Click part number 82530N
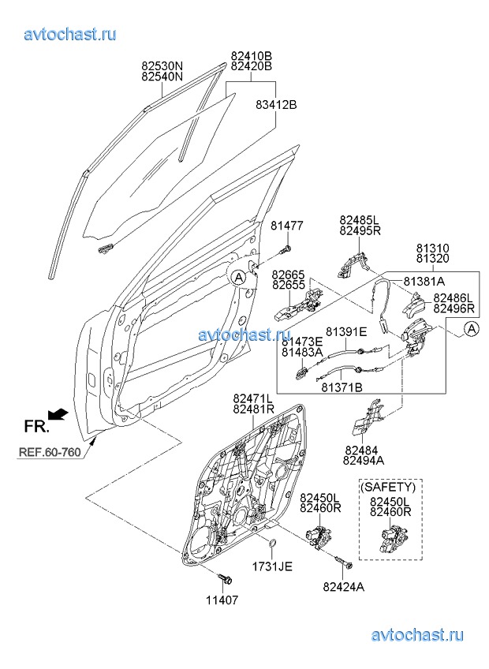pyautogui.click(x=162, y=66)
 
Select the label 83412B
pyautogui.click(x=275, y=104)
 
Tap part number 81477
pyautogui.click(x=287, y=226)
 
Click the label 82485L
pyautogui.click(x=360, y=219)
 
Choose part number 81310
pyautogui.click(x=433, y=248)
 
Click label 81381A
pyautogui.click(x=424, y=281)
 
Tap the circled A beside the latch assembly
pyautogui.click(x=470, y=328)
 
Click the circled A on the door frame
pyautogui.click(x=239, y=276)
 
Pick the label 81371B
pyautogui.click(x=342, y=387)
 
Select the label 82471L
pyautogui.click(x=253, y=399)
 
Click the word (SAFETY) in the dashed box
pyautogui.click(x=388, y=488)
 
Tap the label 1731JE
pyautogui.click(x=272, y=566)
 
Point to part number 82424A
pyautogui.click(x=344, y=586)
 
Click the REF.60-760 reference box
pyautogui.click(x=50, y=453)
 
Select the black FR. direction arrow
pyautogui.click(x=58, y=413)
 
